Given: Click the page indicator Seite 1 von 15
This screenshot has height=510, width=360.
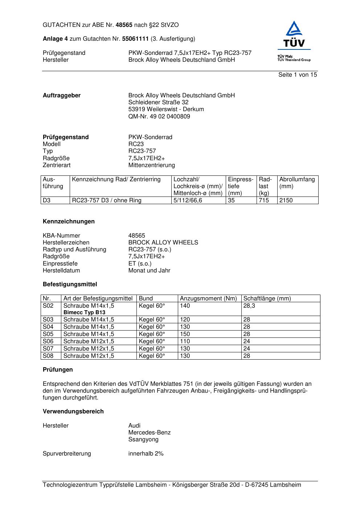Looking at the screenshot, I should point(297,75).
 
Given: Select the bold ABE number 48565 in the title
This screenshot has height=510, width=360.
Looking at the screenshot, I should point(124,25).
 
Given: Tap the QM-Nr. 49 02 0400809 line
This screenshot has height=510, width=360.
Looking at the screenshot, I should point(159,117).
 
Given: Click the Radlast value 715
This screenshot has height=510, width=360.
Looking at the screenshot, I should point(264,201).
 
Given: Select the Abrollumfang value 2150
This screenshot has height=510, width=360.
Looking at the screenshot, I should point(286,201).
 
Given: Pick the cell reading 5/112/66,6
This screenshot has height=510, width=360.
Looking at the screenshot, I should point(188,201).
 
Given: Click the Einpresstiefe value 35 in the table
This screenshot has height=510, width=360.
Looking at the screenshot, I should point(232,201).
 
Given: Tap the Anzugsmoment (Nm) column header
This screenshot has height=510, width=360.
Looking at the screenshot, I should point(208,299).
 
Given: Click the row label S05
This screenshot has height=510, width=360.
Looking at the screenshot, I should point(48,334).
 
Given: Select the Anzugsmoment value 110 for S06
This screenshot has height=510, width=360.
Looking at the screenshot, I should point(185,341).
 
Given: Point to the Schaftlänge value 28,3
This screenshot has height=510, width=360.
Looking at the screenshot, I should point(249,306).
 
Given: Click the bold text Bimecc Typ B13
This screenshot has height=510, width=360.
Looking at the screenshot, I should point(84,312).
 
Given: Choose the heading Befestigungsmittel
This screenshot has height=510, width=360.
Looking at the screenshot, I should point(70,284).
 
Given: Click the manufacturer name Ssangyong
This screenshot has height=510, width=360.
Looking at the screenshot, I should point(143,440).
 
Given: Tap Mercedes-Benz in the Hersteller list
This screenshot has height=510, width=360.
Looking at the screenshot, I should point(149,433).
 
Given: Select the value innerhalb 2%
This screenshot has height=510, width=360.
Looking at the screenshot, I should point(146,454).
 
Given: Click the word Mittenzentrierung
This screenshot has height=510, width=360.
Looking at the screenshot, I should point(151,165).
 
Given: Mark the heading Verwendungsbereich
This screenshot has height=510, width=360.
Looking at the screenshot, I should point(73,412).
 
